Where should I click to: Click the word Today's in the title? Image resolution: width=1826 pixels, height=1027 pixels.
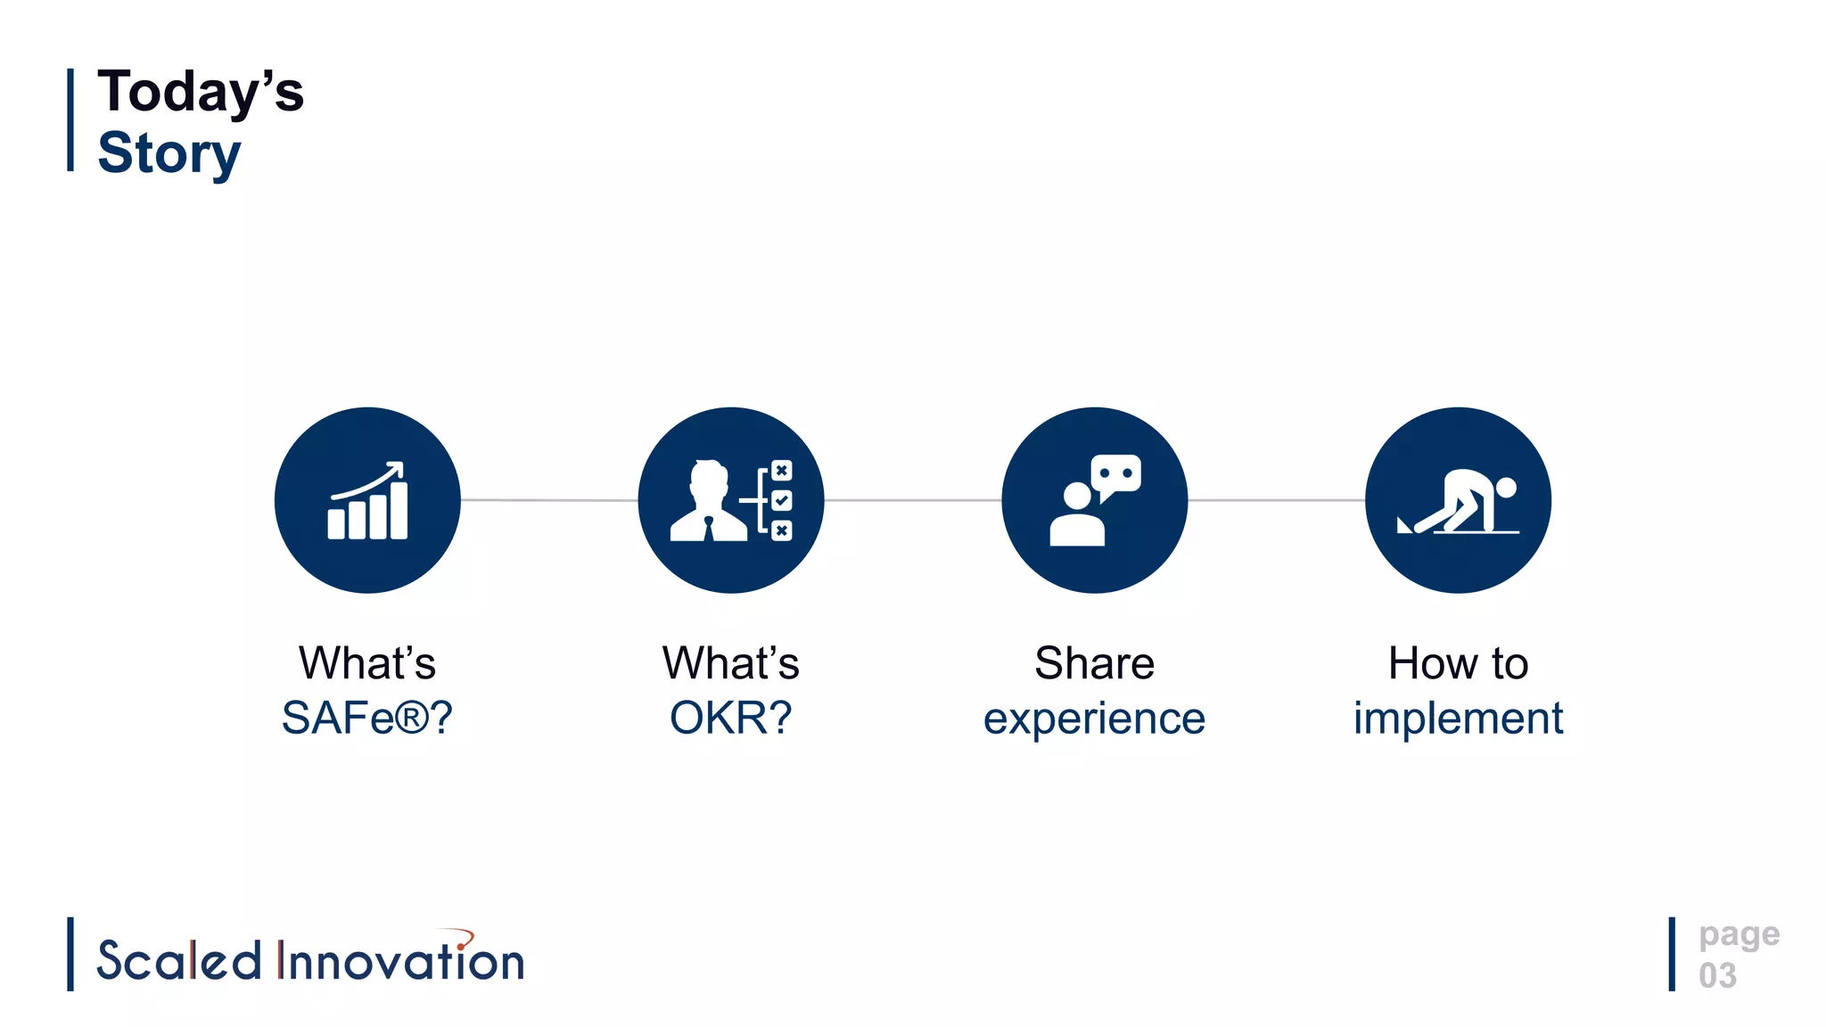(x=201, y=92)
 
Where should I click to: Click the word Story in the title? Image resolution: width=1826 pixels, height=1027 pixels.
(x=169, y=153)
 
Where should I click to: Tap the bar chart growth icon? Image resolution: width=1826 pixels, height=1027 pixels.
(x=367, y=501)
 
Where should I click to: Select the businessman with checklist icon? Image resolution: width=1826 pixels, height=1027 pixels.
(x=730, y=501)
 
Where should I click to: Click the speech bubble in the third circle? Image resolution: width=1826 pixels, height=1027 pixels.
(x=1115, y=475)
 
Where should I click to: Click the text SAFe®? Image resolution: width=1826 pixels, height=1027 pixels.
(x=367, y=718)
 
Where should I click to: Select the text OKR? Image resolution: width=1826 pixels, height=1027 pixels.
(x=730, y=718)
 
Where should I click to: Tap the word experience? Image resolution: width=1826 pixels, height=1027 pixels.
(x=1094, y=719)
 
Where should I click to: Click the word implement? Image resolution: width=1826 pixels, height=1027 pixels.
(x=1458, y=718)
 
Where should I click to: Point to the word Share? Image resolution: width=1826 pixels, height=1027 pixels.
(x=1094, y=663)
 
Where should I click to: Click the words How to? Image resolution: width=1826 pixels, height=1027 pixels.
(x=1458, y=663)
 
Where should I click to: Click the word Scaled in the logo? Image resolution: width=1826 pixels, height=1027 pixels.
(x=178, y=961)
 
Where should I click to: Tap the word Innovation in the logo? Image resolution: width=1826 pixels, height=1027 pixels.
(x=401, y=961)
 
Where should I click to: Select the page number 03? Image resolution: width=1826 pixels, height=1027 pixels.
(x=1717, y=975)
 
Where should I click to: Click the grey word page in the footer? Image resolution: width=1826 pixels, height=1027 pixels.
(x=1739, y=935)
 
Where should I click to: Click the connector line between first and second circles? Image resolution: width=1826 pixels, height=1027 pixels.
(x=549, y=500)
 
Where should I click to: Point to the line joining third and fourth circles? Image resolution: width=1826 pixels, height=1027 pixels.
(x=1276, y=500)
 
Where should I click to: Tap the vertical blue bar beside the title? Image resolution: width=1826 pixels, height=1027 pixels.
(x=70, y=119)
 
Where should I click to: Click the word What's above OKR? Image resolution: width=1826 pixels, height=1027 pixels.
(x=730, y=663)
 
